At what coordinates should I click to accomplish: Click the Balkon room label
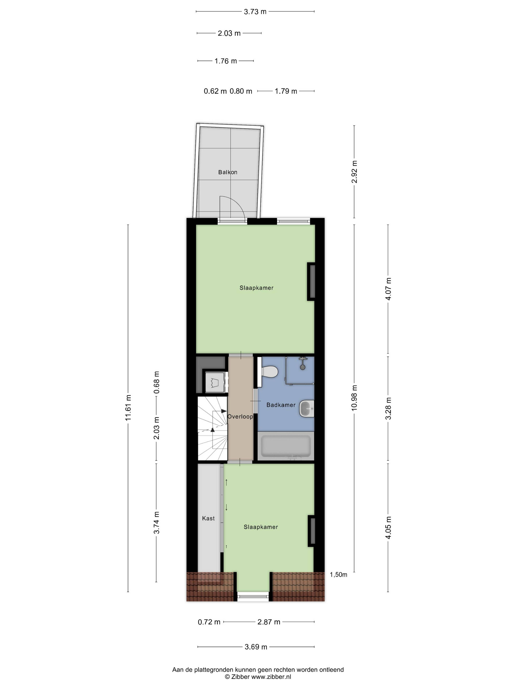coord(227,172)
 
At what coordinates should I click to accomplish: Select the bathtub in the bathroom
coord(286,446)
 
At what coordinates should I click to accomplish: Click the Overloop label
coord(240,416)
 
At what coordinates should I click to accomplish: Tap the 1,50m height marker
coord(338,574)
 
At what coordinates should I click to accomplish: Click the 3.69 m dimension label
coord(256,647)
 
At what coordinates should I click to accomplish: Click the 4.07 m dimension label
coord(388,289)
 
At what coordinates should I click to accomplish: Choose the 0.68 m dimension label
coord(156,382)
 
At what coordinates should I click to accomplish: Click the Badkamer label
coord(281,405)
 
